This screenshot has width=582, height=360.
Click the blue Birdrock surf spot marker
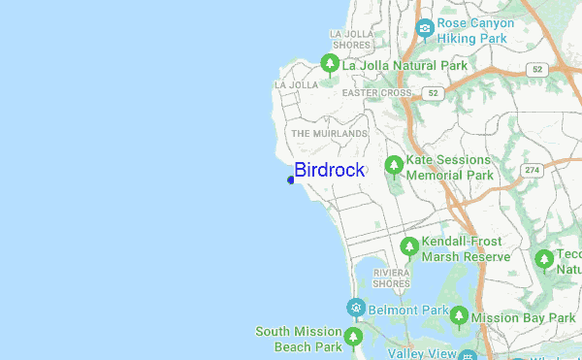[x=291, y=179]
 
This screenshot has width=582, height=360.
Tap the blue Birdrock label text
[x=330, y=170]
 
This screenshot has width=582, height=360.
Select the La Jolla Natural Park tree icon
[x=330, y=65]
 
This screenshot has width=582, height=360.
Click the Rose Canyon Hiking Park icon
[x=425, y=28]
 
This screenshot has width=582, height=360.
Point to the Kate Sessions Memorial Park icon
[x=394, y=166]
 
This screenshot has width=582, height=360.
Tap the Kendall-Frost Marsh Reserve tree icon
[x=409, y=247]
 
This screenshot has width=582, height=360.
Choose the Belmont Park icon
[x=356, y=309]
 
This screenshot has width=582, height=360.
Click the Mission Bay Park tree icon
[x=458, y=316]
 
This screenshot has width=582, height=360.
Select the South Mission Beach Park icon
[x=354, y=338]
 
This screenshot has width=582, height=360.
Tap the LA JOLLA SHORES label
[x=350, y=39]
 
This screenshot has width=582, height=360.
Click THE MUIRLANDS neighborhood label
[x=330, y=133]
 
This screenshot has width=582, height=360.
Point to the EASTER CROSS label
[x=376, y=93]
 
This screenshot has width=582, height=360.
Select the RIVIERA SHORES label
[x=392, y=278]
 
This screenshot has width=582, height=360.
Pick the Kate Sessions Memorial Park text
[x=450, y=168]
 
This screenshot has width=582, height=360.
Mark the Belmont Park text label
[x=407, y=310]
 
